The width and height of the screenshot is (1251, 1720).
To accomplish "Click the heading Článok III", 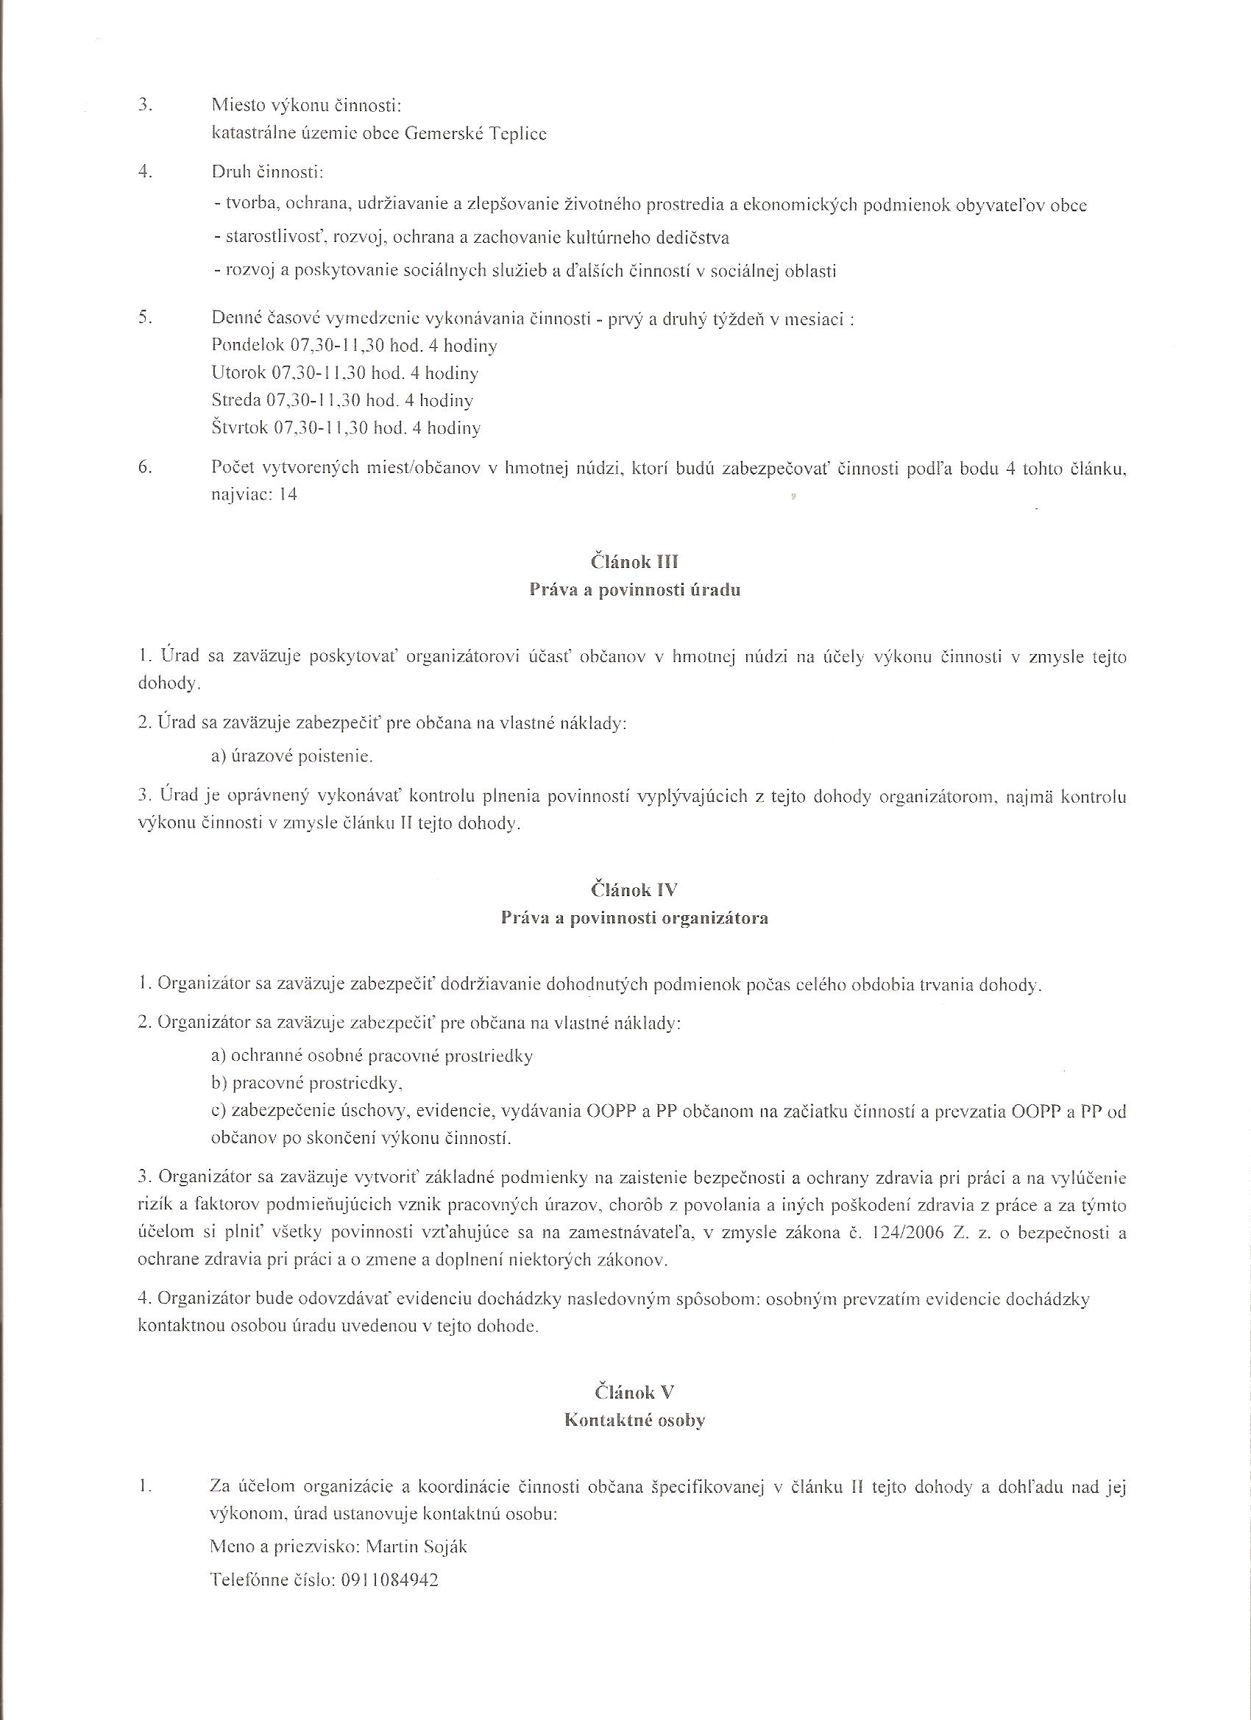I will tap(634, 562).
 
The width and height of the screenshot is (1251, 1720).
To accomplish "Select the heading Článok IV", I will tap(635, 891).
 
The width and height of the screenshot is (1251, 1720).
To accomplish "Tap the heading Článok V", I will tap(635, 1392).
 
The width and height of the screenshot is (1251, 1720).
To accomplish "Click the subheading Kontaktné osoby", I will tap(635, 1421).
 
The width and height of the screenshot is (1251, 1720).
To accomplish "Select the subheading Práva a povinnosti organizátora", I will tap(635, 918).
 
